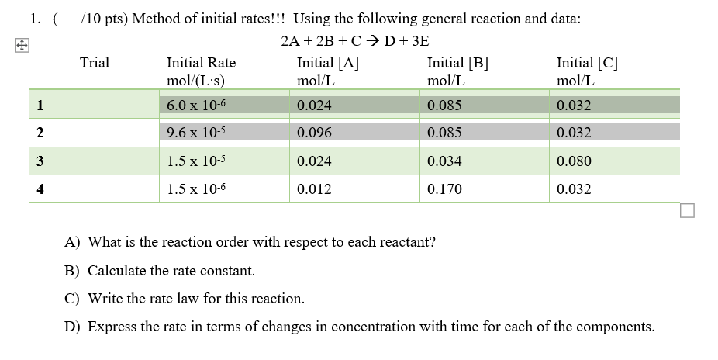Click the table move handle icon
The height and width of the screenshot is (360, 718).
[x=12, y=46]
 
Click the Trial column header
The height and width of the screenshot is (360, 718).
[x=95, y=63]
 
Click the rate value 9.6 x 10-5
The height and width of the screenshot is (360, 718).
[x=195, y=133]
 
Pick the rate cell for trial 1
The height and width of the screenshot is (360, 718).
[x=195, y=105]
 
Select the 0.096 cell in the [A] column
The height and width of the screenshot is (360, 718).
[x=314, y=133]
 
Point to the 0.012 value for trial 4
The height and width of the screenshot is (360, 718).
[x=314, y=189]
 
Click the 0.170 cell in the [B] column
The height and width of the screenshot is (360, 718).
[x=444, y=189]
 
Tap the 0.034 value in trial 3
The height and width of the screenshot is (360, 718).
[x=444, y=161]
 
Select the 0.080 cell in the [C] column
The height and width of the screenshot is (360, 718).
[x=574, y=161]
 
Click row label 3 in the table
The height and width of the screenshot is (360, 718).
[x=37, y=161]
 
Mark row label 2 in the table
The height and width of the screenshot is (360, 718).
[x=37, y=133]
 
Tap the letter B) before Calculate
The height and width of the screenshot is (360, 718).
[x=72, y=271]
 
